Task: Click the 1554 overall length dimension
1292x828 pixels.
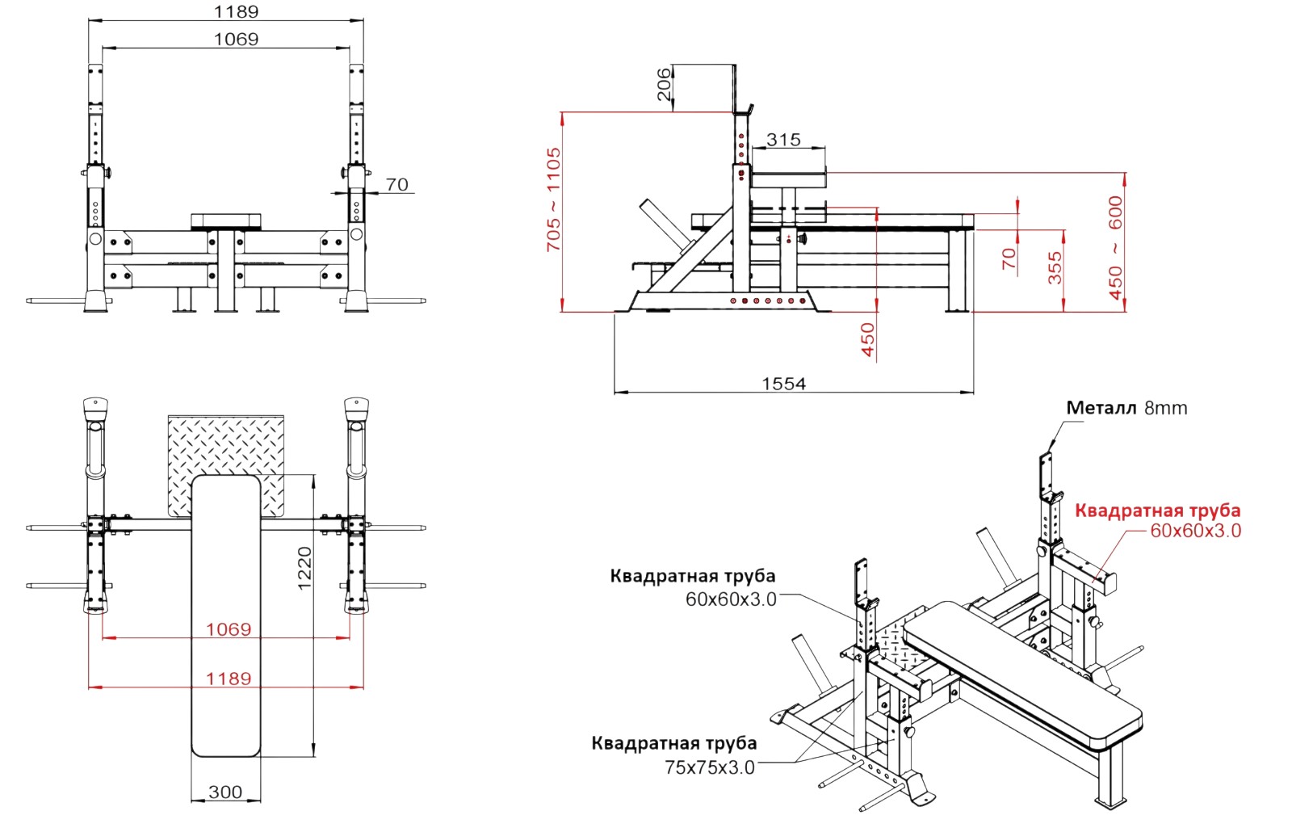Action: point(783,384)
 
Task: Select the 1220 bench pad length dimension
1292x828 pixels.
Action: point(304,568)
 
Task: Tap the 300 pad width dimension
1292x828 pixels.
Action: point(225,792)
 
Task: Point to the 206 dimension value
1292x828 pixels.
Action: point(664,84)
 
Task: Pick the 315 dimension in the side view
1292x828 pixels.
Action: point(783,140)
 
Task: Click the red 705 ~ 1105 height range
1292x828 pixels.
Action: point(553,199)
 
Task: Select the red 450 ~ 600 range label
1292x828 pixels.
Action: point(1115,247)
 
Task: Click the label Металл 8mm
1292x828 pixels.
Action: point(1126,408)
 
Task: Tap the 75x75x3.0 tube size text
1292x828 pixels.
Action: point(710,767)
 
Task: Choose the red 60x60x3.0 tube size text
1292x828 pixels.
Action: point(1195,531)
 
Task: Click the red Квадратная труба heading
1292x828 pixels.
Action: point(1157,511)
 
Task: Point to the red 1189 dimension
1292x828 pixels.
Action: point(229,679)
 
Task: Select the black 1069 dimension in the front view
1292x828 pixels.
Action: point(236,39)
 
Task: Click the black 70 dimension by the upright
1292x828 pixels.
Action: point(396,184)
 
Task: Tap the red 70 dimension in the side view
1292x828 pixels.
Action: point(1009,258)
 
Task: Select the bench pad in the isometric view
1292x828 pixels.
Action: point(1021,671)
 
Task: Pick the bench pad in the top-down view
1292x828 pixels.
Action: point(225,614)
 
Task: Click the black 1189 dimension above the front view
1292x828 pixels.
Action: point(236,11)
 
